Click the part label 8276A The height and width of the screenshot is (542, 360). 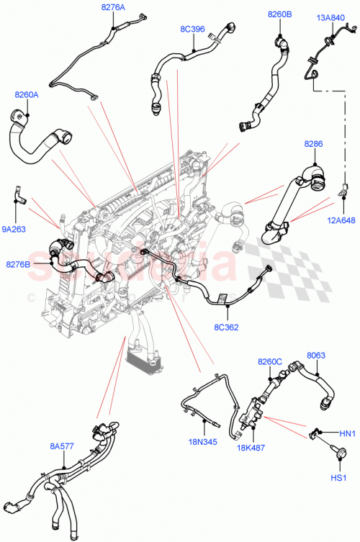(112, 7)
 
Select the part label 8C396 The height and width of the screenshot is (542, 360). (192, 30)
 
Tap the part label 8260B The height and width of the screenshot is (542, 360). (279, 14)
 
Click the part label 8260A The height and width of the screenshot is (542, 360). (27, 94)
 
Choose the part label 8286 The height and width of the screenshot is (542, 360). (313, 145)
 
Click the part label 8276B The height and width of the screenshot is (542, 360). (19, 265)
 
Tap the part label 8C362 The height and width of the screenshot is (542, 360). (227, 326)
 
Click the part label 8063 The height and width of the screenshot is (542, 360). (316, 355)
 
